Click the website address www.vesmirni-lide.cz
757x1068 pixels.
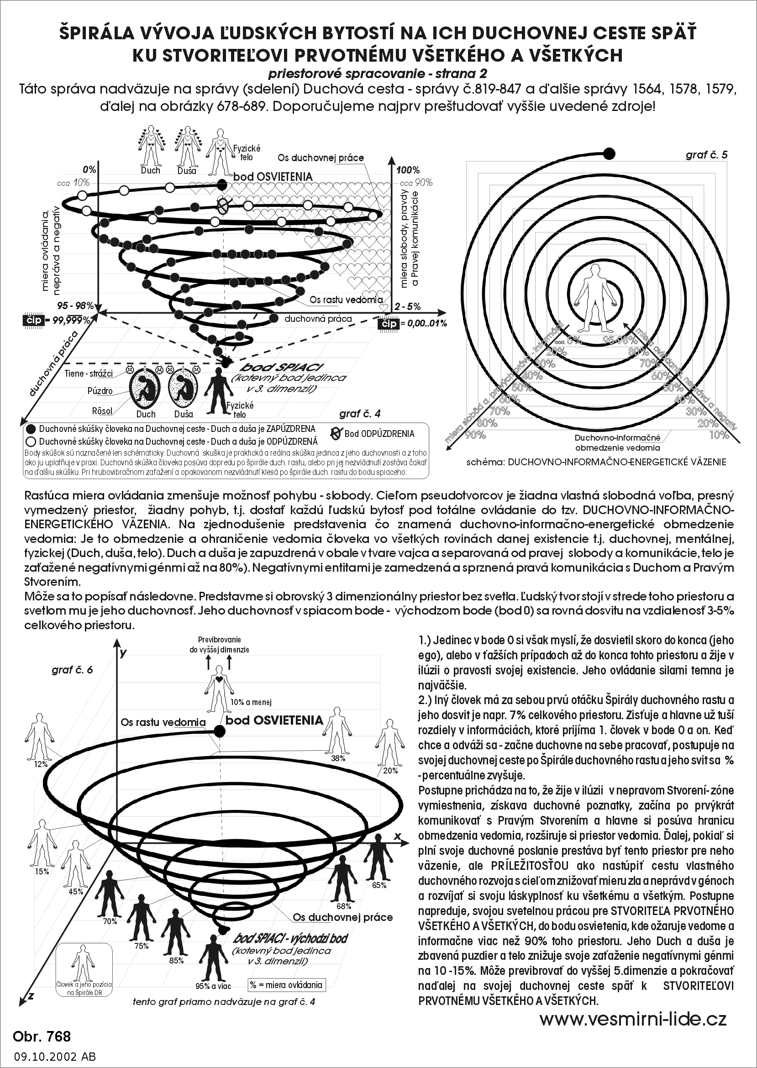click(633, 1018)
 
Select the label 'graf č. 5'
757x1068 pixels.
click(706, 155)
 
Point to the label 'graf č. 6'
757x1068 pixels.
click(72, 670)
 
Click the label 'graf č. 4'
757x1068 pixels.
click(360, 414)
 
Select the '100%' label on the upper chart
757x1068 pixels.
click(408, 170)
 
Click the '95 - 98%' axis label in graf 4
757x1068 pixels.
click(75, 306)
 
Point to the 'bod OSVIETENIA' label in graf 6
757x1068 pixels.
click(274, 720)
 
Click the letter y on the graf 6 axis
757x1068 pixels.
click(123, 653)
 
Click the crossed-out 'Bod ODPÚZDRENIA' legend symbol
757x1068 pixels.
click(336, 433)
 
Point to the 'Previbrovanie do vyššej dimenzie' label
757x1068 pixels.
click(219, 645)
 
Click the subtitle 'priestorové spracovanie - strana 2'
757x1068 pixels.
click(378, 73)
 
